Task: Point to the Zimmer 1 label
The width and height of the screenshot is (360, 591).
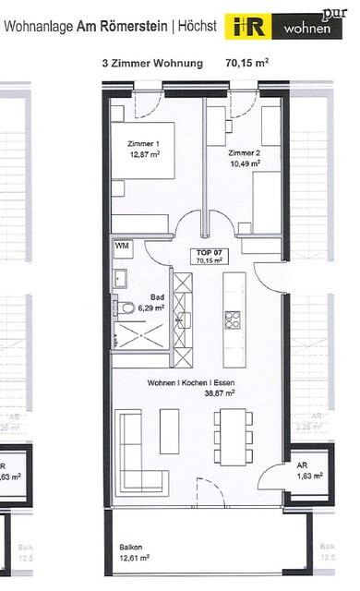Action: click(x=143, y=144)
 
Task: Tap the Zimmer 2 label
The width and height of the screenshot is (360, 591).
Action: click(x=245, y=151)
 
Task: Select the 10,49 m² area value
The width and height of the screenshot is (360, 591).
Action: click(x=245, y=163)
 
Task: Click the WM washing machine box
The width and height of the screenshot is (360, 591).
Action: click(x=121, y=247)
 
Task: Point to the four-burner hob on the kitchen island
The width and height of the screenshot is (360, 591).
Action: click(x=233, y=320)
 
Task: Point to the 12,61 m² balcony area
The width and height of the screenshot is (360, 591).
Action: click(x=135, y=559)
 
